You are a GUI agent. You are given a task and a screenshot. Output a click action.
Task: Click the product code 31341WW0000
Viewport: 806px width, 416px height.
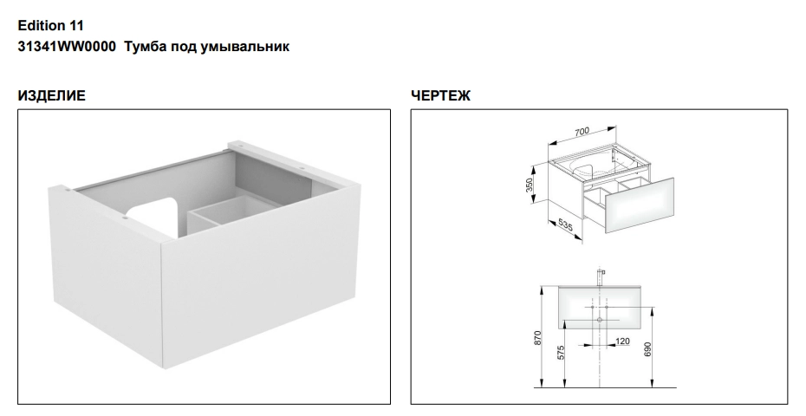(x=67, y=46)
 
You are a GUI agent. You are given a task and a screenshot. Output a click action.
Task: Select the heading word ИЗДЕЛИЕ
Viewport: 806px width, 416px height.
(x=51, y=95)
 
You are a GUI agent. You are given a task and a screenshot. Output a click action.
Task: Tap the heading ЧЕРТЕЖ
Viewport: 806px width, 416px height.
(x=440, y=95)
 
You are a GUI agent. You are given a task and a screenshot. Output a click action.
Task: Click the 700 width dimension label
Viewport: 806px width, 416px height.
(x=582, y=132)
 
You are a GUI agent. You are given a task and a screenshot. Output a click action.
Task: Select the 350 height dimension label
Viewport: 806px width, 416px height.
(x=530, y=185)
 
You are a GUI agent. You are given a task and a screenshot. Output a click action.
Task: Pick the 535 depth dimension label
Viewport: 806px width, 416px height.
(x=565, y=225)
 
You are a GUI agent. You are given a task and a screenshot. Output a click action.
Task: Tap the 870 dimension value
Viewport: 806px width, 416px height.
(x=537, y=338)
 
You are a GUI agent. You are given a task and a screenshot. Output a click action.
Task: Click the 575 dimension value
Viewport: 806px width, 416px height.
(x=561, y=352)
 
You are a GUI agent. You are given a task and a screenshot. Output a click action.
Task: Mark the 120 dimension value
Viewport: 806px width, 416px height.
(x=622, y=341)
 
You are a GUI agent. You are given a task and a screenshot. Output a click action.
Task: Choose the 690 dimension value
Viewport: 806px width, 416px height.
(x=647, y=349)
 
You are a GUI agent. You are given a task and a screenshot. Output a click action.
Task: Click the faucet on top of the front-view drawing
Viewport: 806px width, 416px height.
(x=600, y=276)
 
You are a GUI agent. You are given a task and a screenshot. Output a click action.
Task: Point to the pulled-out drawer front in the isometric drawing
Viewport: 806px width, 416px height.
(x=639, y=205)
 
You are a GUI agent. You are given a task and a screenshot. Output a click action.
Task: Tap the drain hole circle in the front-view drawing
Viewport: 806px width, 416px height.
(x=600, y=320)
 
